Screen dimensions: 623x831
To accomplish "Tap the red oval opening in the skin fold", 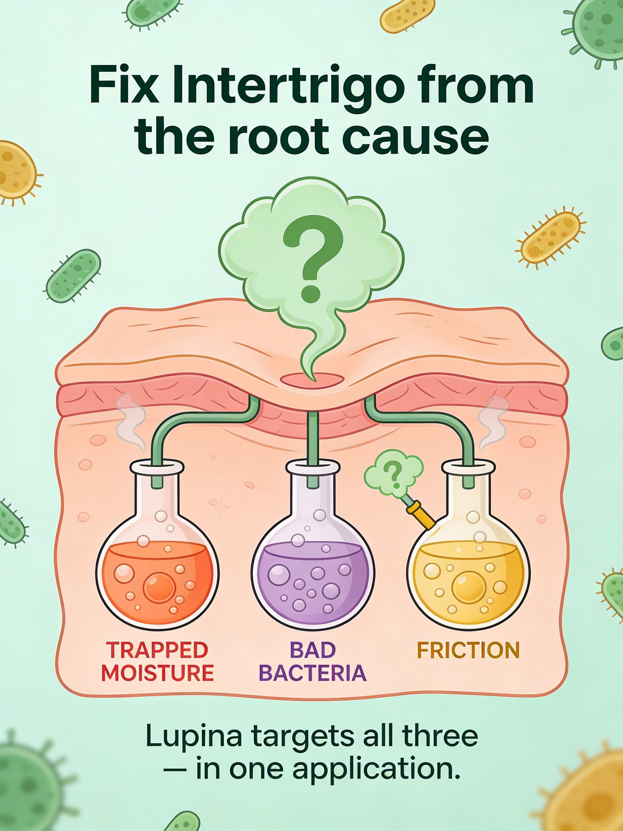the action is pos(312,379).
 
